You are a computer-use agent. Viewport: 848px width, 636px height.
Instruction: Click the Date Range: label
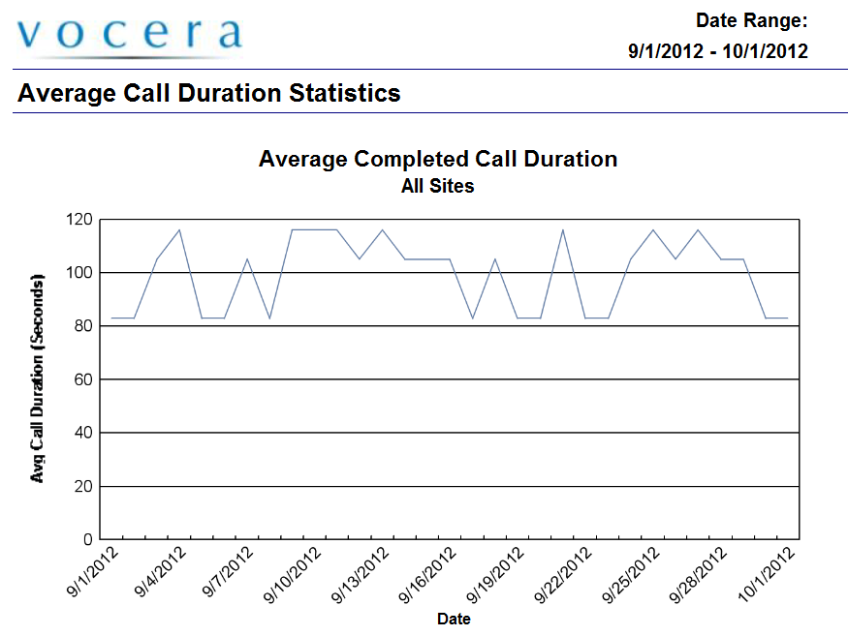point(751,20)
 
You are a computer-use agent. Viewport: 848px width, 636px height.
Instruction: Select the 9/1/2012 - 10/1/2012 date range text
point(717,51)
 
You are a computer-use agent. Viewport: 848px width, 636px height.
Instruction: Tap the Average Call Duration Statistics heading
point(209,94)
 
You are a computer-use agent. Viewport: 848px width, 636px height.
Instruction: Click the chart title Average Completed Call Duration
point(438,159)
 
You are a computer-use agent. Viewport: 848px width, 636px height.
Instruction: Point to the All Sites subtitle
point(438,186)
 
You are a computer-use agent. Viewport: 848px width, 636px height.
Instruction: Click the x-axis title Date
point(454,618)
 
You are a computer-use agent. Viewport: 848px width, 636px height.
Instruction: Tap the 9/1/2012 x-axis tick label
point(93,573)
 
